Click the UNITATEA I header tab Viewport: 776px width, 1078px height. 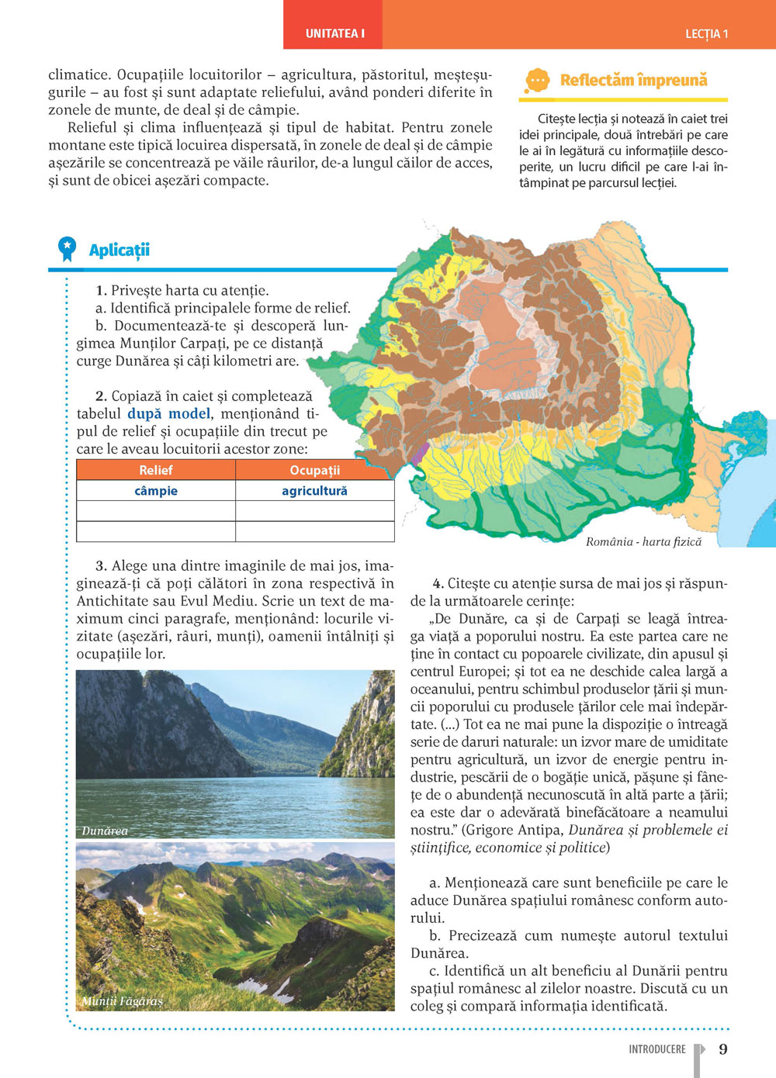[334, 33]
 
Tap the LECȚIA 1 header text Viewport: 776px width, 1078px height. [706, 34]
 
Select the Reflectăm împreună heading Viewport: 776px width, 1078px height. [633, 80]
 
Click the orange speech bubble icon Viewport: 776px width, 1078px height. [537, 80]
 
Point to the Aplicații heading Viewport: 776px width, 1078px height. [119, 250]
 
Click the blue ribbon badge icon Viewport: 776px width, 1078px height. [68, 248]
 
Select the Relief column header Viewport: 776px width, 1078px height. [156, 470]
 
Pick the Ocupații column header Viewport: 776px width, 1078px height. [314, 470]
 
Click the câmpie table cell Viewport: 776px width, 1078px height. [156, 491]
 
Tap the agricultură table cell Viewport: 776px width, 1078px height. [314, 491]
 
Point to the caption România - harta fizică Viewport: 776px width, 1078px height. [643, 541]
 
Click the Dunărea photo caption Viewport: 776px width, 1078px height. [105, 831]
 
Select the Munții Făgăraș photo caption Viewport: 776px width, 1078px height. [123, 1000]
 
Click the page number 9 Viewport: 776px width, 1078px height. [723, 1049]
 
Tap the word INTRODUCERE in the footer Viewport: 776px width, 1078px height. [657, 1049]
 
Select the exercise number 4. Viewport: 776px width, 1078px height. [438, 583]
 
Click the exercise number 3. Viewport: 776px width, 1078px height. [101, 565]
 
